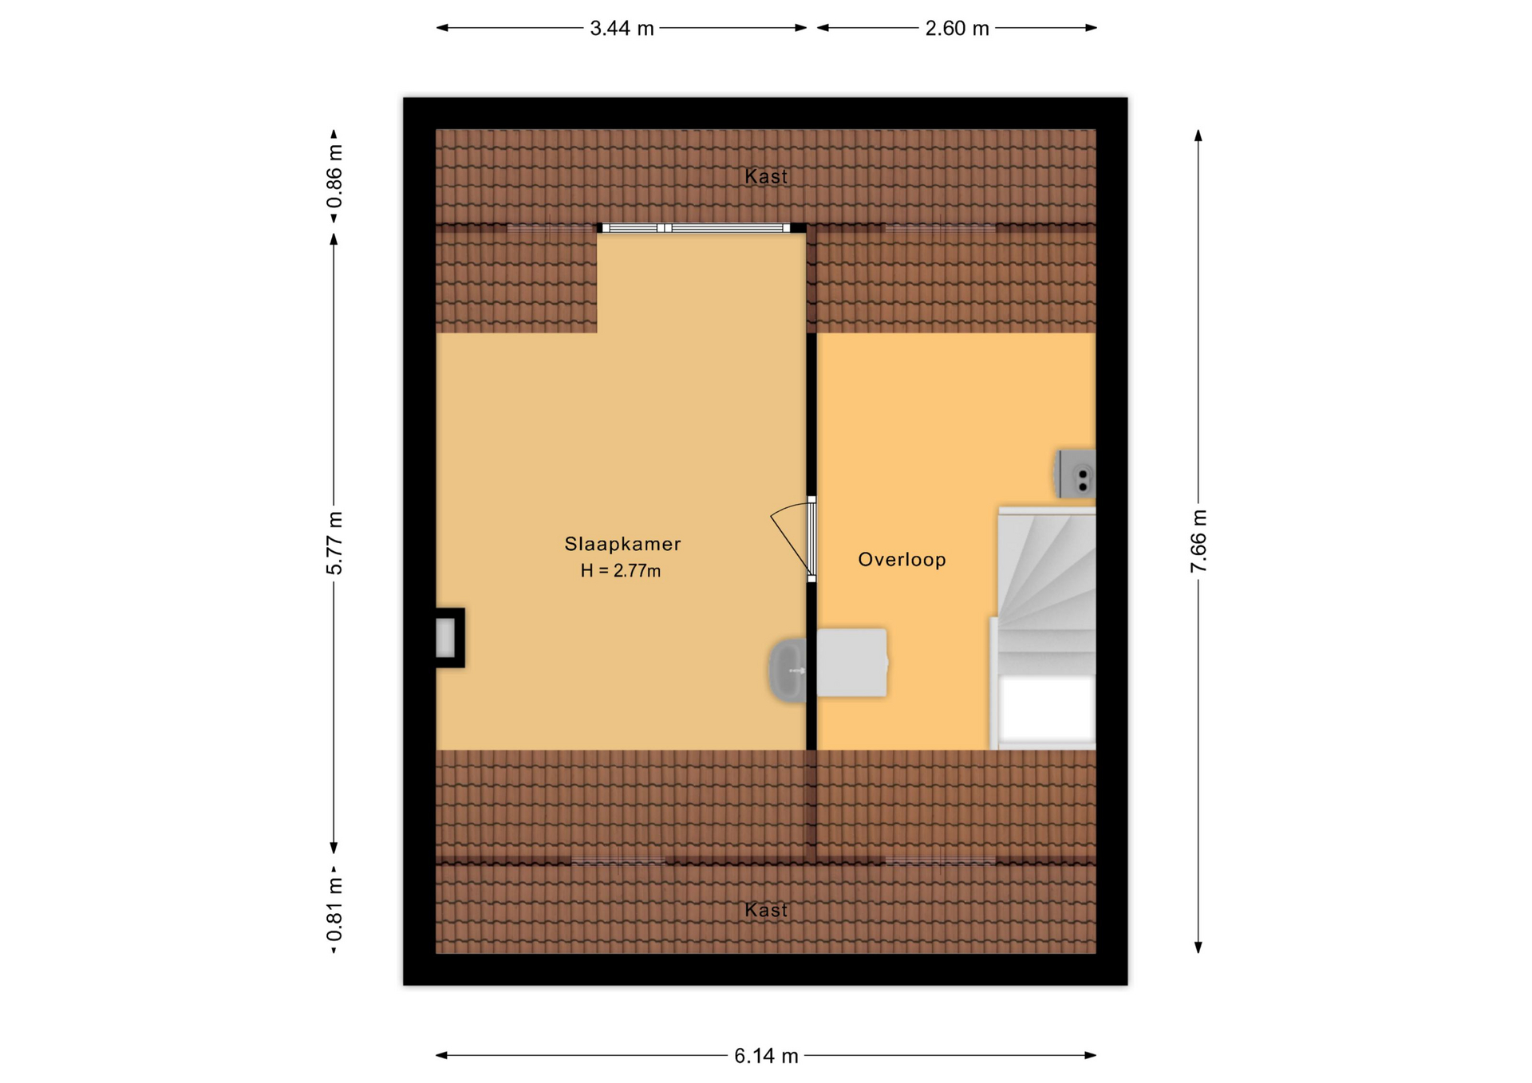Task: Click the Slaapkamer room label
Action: tap(622, 544)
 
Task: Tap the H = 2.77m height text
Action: tap(621, 571)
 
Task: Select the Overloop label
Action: tap(902, 560)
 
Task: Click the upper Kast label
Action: tap(766, 176)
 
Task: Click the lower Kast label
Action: tap(766, 910)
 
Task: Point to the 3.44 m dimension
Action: tap(622, 29)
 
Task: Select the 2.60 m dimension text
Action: tap(957, 29)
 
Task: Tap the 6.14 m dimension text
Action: tap(766, 1056)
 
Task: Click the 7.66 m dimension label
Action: tap(1198, 541)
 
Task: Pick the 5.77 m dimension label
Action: tap(334, 543)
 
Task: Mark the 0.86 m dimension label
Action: tap(334, 176)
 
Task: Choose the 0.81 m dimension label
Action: tap(334, 909)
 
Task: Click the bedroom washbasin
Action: tap(788, 671)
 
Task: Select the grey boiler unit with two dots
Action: tap(1076, 474)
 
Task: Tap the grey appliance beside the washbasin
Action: tap(852, 663)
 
